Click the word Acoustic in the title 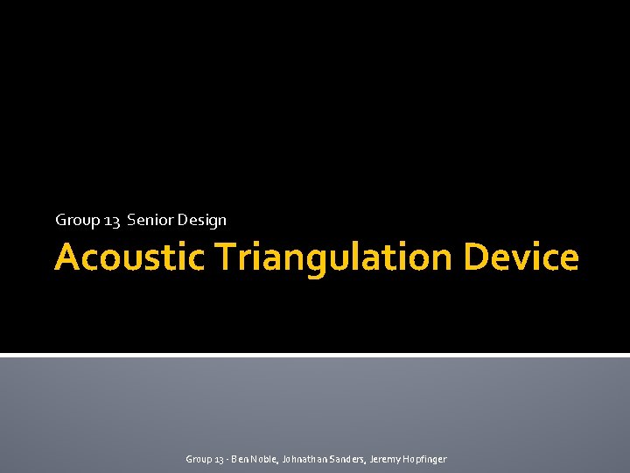(129, 258)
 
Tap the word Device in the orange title (521, 258)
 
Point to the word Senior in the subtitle (150, 220)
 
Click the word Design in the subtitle (202, 221)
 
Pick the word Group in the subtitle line (77, 221)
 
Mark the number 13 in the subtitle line (112, 221)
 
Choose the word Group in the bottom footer (198, 459)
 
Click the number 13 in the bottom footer (217, 459)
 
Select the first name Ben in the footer (238, 459)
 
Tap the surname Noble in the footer (262, 459)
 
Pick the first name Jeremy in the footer (386, 459)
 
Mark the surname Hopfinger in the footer (425, 459)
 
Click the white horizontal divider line (315, 355)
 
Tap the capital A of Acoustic (67, 258)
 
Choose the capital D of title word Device (475, 258)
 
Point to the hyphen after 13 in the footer (226, 459)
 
